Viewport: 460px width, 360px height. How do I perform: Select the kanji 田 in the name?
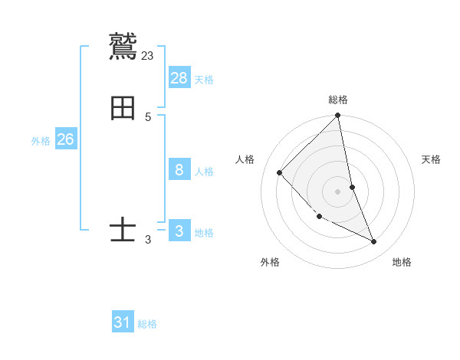123,108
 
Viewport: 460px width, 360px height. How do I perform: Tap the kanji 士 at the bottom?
123,229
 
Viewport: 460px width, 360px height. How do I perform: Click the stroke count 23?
148,55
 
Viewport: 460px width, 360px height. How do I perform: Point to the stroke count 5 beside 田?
148,117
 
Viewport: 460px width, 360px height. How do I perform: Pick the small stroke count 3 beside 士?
148,239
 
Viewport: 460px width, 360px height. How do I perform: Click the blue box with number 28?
179,77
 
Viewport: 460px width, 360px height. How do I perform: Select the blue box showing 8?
179,169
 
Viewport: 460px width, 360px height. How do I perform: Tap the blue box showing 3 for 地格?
179,231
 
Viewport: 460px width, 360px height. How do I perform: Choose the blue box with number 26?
66,139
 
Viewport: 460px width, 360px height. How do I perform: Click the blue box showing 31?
123,322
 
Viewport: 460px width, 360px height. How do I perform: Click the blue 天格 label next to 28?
204,79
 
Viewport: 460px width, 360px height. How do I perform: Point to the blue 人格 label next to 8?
204,171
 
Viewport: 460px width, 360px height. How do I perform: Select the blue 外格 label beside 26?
41,141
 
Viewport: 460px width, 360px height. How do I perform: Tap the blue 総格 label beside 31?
147,324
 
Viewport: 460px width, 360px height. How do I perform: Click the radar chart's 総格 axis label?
338,100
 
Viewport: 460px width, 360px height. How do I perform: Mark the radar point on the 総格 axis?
338,116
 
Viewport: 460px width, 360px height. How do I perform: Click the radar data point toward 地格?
374,241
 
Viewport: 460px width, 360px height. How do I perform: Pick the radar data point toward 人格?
280,172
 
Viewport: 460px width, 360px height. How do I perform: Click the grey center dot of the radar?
338,191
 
